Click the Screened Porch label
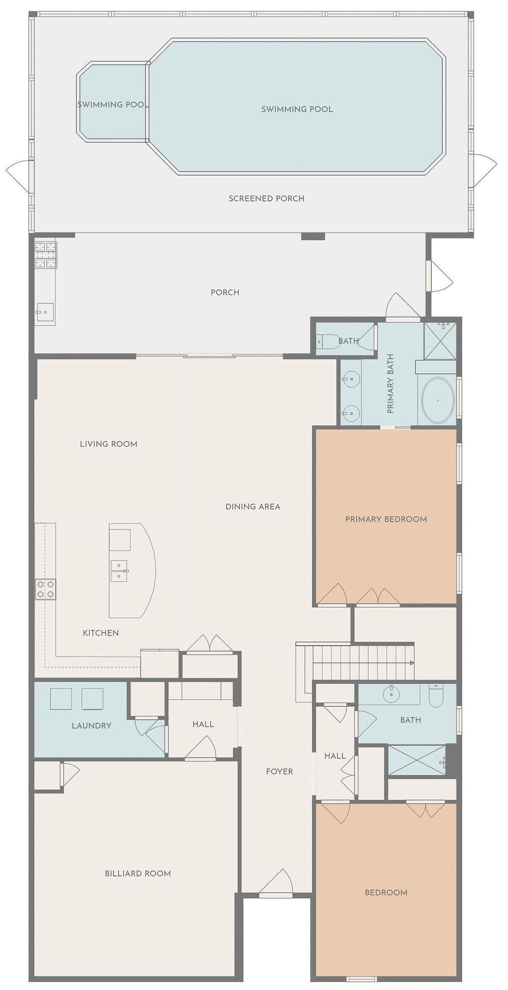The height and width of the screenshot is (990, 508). (x=266, y=198)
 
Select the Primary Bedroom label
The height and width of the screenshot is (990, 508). (x=386, y=519)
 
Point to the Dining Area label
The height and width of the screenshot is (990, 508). (x=253, y=506)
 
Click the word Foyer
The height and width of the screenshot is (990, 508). (x=280, y=772)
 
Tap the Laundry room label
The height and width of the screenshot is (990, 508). (x=92, y=725)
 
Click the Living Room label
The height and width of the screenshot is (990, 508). (x=108, y=444)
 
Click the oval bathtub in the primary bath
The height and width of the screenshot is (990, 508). (x=438, y=400)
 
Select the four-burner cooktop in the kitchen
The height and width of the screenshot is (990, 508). (x=45, y=589)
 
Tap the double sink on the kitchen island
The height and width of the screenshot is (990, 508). (x=119, y=571)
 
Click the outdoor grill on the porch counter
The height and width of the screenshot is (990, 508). (x=46, y=255)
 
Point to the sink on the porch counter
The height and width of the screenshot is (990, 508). (x=45, y=312)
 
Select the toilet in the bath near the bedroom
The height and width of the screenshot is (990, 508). (x=436, y=697)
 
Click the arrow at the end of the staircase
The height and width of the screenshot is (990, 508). (x=412, y=663)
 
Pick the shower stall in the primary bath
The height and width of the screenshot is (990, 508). (x=441, y=340)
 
